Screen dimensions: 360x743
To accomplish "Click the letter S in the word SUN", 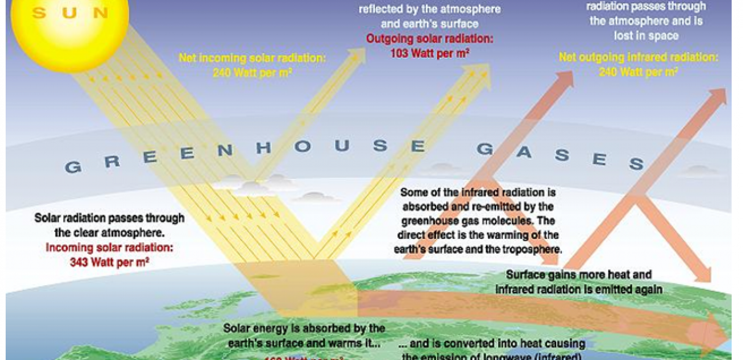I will tap(39, 13).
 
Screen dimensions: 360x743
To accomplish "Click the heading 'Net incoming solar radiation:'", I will tap(252, 58).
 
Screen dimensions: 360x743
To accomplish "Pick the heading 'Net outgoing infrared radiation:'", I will tap(638, 58).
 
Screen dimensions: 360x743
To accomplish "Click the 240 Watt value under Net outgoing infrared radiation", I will tap(638, 71).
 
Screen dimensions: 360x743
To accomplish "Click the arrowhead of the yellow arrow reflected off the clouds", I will tap(359, 54).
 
